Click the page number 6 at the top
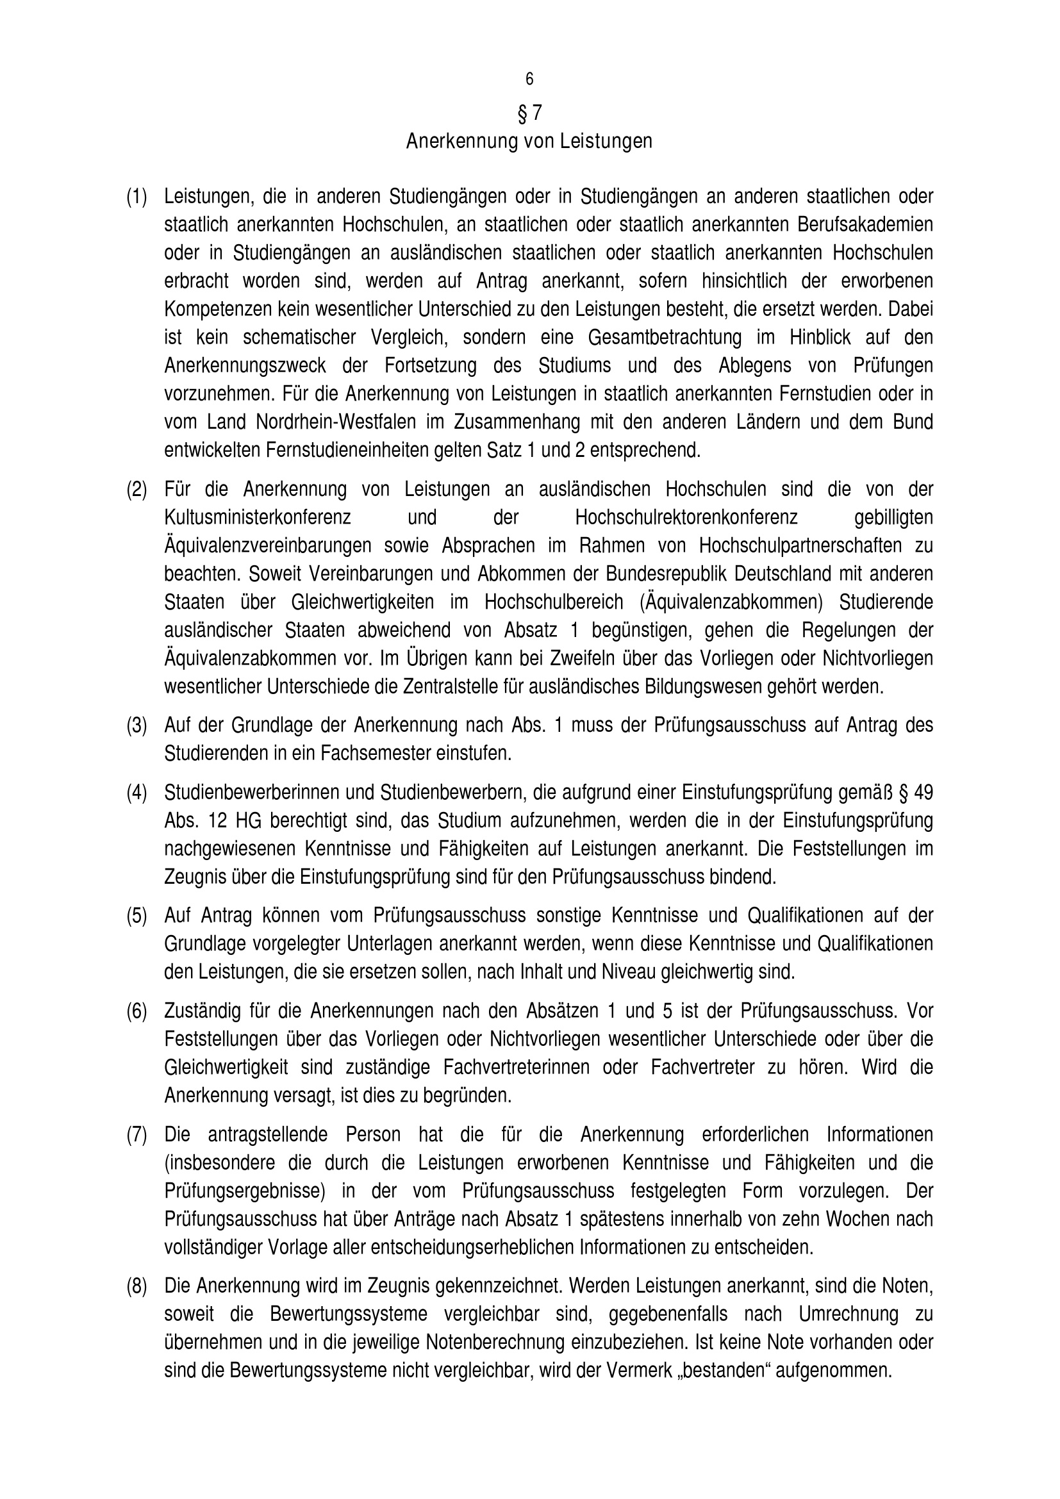[529, 79]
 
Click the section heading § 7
[529, 113]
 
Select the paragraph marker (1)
[137, 197]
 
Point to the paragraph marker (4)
[137, 793]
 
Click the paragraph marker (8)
[137, 1286]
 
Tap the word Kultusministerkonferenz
[257, 518]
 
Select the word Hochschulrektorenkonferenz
[686, 518]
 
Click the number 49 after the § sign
[923, 793]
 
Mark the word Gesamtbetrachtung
[665, 338]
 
